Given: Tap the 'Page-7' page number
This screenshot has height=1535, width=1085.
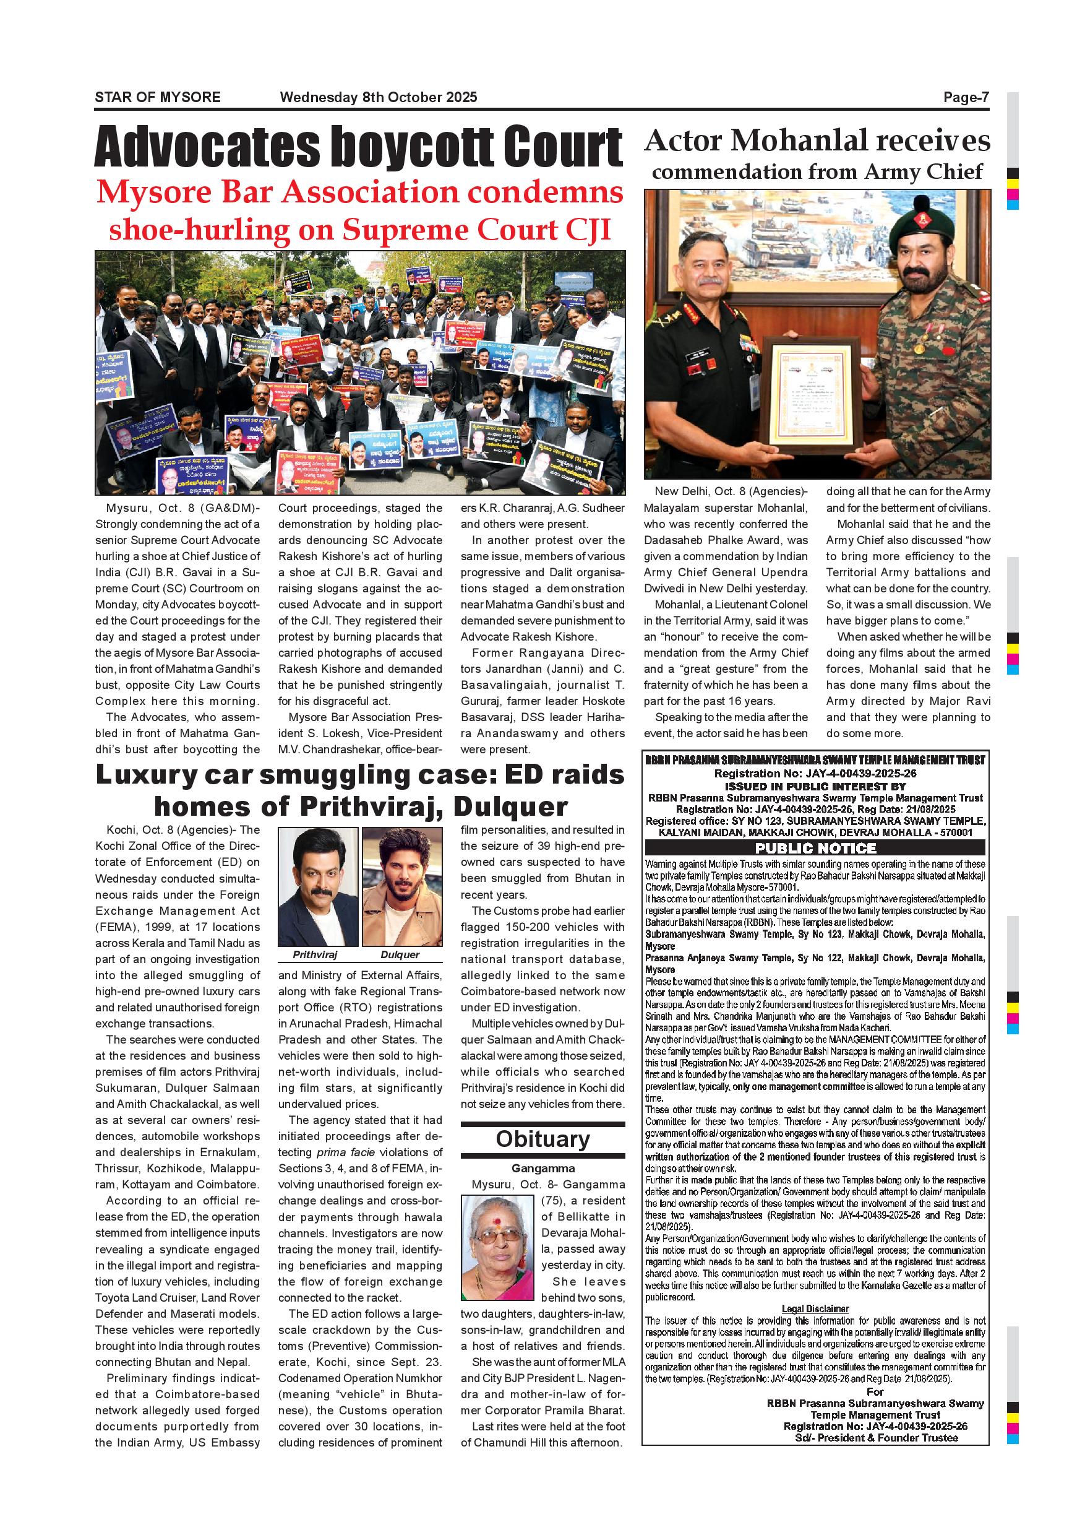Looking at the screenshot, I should pyautogui.click(x=966, y=98).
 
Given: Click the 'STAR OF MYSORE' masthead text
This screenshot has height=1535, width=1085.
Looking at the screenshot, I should pyautogui.click(x=158, y=98).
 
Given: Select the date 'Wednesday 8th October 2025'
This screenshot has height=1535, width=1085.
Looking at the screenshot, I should pyautogui.click(x=378, y=98).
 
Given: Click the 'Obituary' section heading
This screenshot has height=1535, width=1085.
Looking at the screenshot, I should pyautogui.click(x=542, y=1138).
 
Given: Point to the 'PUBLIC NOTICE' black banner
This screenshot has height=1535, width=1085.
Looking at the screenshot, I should pyautogui.click(x=815, y=849).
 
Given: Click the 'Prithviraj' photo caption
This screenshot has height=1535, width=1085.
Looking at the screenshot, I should pyautogui.click(x=315, y=954).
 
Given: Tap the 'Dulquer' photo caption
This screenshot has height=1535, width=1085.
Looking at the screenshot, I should pyautogui.click(x=400, y=954).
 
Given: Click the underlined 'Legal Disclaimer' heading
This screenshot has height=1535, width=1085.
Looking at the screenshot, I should pyautogui.click(x=815, y=1308).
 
